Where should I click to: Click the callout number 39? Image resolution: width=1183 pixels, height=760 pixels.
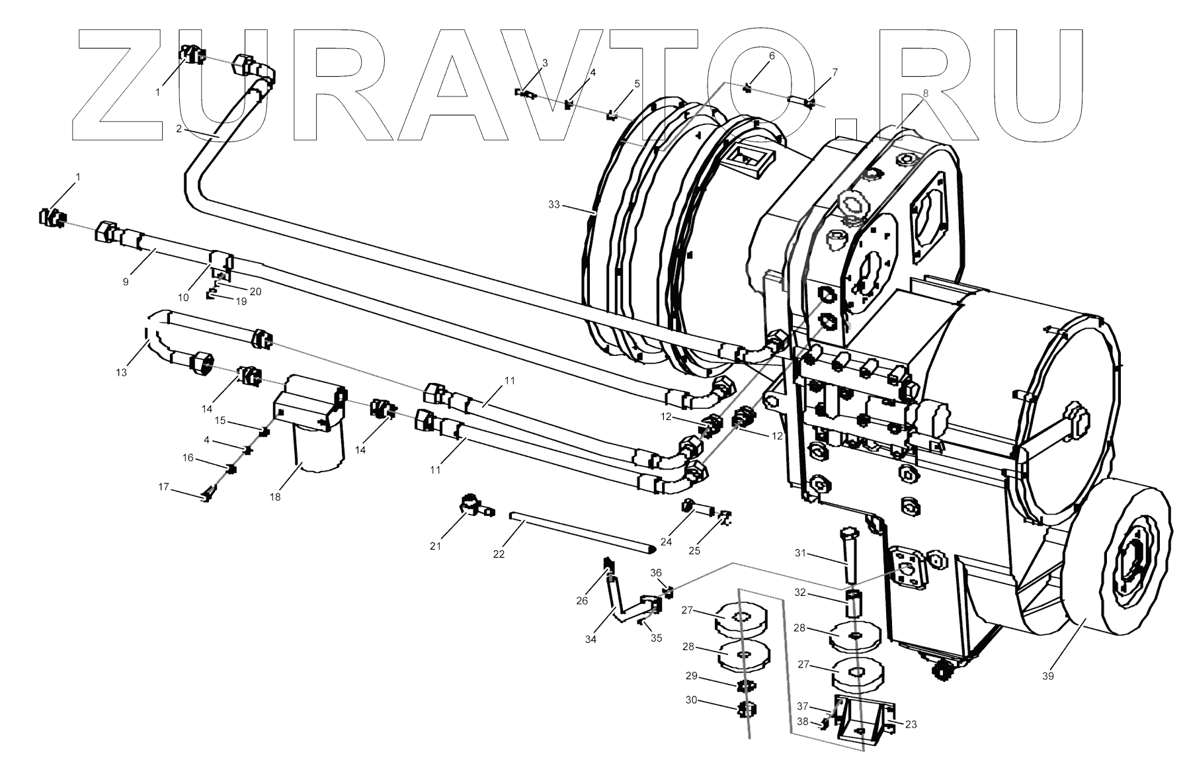[1047, 675]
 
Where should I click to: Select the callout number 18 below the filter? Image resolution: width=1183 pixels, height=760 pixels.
[275, 497]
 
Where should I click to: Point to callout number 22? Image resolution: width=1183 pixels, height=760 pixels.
[499, 554]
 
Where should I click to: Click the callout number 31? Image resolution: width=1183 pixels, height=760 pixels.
[801, 553]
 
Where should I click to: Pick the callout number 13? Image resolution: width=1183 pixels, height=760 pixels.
[121, 372]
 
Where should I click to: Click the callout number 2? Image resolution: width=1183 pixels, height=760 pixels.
[179, 129]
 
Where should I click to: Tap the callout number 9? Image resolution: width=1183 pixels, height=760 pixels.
[126, 281]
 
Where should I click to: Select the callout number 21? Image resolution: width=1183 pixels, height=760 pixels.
[435, 546]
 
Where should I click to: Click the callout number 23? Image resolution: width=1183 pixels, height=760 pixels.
[911, 724]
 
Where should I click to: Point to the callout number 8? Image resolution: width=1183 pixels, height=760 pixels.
[926, 93]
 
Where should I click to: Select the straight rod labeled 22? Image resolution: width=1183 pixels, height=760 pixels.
[582, 533]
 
